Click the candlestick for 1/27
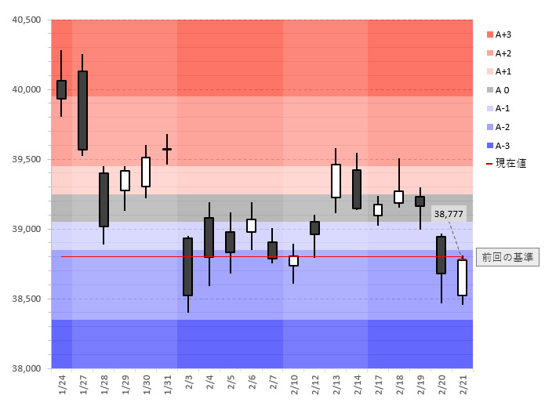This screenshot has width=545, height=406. [x=82, y=110]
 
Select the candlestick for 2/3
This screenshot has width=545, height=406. [x=187, y=266]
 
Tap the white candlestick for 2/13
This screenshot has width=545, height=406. [x=336, y=180]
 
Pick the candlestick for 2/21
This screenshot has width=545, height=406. [x=462, y=277]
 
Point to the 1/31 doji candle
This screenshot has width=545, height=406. [x=167, y=149]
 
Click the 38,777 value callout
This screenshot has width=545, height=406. [x=448, y=214]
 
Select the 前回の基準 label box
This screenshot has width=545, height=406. [x=507, y=257]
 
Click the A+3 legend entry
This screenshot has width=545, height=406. [x=501, y=34]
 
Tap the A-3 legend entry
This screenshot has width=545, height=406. [x=501, y=145]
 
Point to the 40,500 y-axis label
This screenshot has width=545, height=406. [x=27, y=20]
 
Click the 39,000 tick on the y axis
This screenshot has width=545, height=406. [x=27, y=229]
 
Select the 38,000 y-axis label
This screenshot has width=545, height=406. [x=27, y=368]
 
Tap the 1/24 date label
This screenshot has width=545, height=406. [x=62, y=385]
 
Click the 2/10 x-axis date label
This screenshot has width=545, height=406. [x=293, y=385]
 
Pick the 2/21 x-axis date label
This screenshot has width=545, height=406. [x=462, y=385]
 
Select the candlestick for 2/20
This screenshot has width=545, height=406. [x=441, y=255]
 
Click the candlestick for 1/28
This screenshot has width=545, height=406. [x=104, y=199]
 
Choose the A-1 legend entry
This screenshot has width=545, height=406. [x=501, y=108]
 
